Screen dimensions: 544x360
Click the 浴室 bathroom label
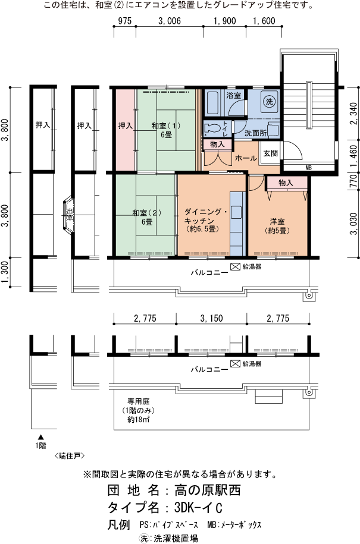pyautogui.click(x=233, y=96)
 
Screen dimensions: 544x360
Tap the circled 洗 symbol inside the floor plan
pyautogui.click(x=269, y=100)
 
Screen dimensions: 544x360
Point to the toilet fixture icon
pyautogui.click(x=213, y=127)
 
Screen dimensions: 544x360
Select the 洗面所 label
pyautogui.click(x=256, y=132)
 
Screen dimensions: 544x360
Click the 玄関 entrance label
pyautogui.click(x=270, y=153)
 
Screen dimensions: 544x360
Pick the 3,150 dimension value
pyautogui.click(x=211, y=318)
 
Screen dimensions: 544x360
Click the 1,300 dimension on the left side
pyautogui.click(x=5, y=273)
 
